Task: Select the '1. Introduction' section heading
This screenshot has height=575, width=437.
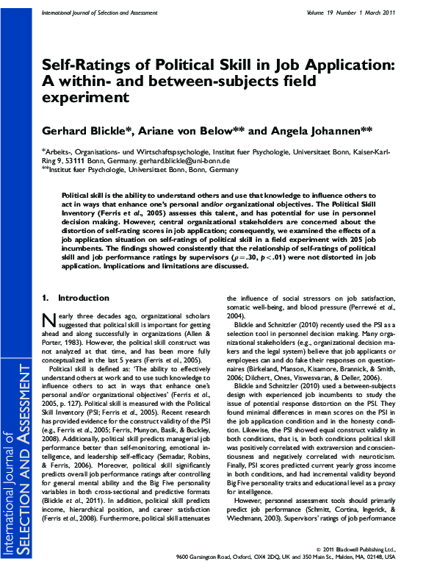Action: pyautogui.click(x=71, y=298)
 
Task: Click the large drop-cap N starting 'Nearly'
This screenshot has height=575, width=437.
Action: pyautogui.click(x=47, y=321)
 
